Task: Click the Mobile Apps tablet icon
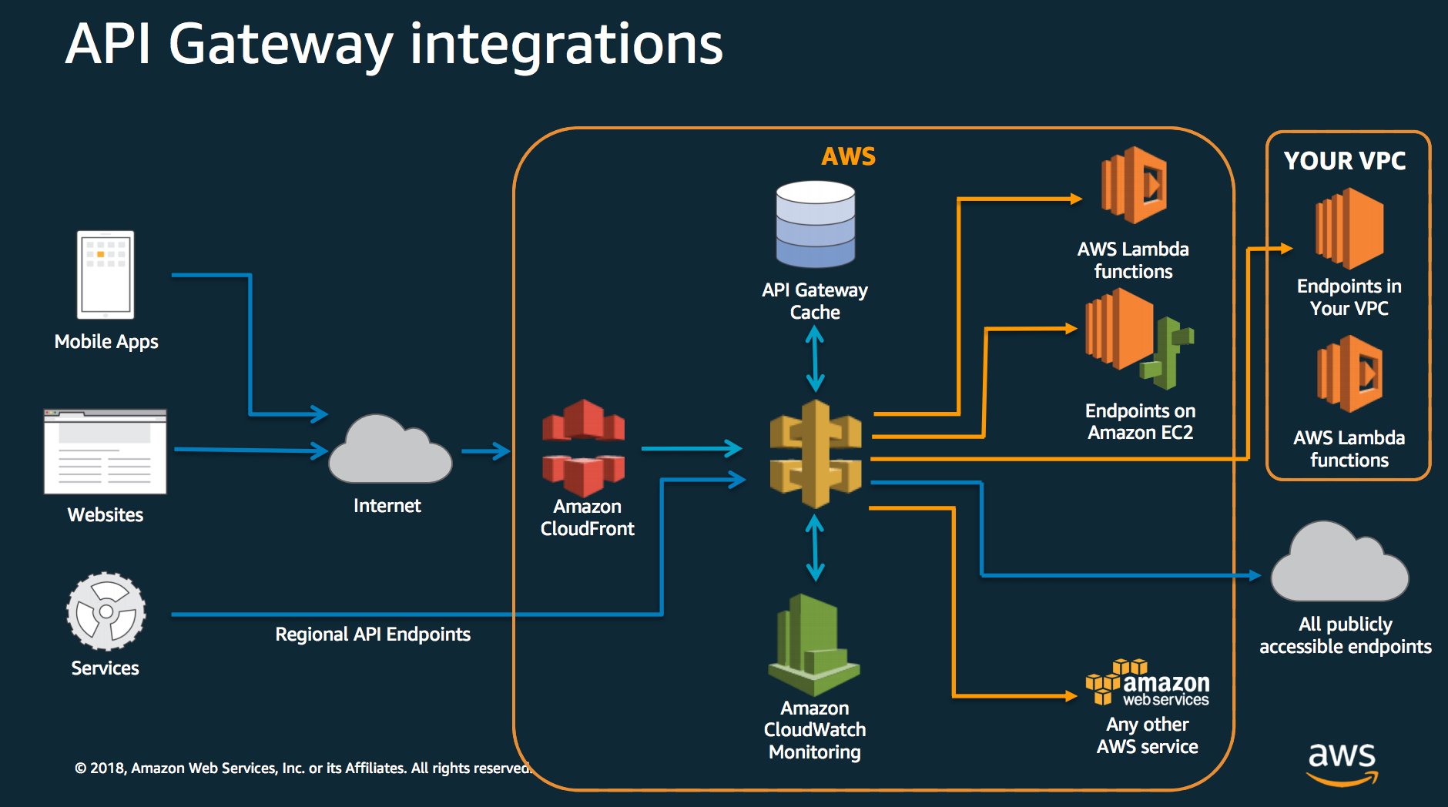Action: [x=106, y=275]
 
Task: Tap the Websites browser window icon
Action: [x=106, y=452]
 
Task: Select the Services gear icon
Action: [x=106, y=611]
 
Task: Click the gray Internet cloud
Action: [x=389, y=453]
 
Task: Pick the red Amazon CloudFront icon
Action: [x=583, y=447]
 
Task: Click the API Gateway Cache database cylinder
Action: [x=815, y=224]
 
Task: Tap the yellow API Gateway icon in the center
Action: [x=816, y=454]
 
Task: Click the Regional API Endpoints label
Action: [x=373, y=635]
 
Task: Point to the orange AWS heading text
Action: [x=848, y=156]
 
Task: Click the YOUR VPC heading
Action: [x=1345, y=161]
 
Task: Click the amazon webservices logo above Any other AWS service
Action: [x=1148, y=683]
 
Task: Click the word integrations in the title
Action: [x=566, y=45]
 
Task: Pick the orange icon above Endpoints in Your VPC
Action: [x=1349, y=229]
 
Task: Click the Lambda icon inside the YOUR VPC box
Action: [x=1349, y=374]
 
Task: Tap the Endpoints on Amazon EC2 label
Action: [x=1140, y=421]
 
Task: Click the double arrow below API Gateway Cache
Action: [x=815, y=359]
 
